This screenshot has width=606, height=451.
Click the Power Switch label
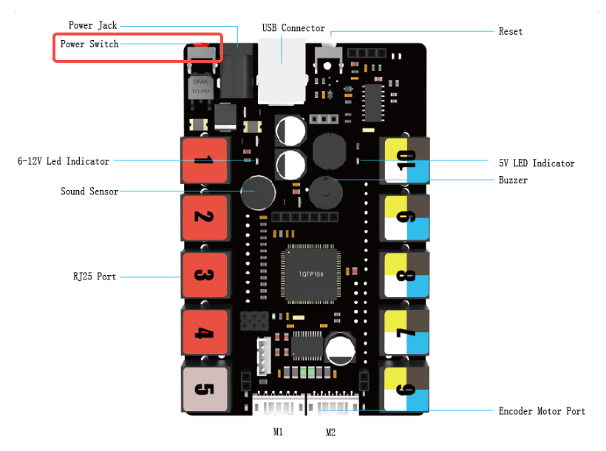[x=89, y=44]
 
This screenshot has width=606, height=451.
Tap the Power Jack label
[x=92, y=26]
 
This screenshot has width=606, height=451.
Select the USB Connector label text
[x=293, y=28]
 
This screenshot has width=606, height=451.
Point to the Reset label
[x=510, y=32]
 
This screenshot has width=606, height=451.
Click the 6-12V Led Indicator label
[x=64, y=161]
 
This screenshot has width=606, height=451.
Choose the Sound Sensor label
[x=89, y=191]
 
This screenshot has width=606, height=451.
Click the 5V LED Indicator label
[x=536, y=163]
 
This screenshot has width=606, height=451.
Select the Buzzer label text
[x=513, y=180]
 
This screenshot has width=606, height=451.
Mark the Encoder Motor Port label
[x=542, y=411]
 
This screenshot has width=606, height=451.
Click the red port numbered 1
[x=207, y=160]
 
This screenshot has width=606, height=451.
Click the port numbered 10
[x=405, y=160]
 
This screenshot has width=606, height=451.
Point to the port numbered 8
[x=405, y=275]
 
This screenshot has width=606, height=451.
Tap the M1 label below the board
[x=278, y=432]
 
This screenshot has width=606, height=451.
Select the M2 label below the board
[x=330, y=432]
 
